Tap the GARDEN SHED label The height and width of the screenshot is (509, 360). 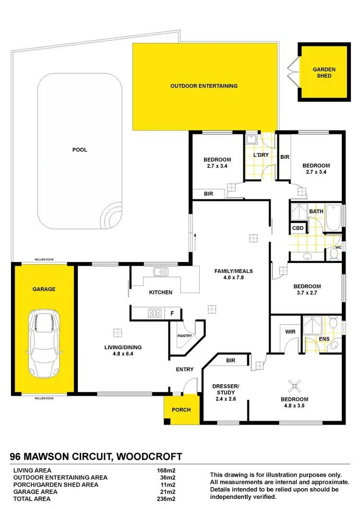(x=324, y=72)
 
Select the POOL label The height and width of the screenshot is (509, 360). (x=80, y=150)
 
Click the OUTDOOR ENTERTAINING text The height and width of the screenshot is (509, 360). (x=204, y=86)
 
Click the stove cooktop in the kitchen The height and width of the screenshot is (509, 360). (x=155, y=313)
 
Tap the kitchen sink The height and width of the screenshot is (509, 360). (x=161, y=272)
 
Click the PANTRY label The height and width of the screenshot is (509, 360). (x=184, y=336)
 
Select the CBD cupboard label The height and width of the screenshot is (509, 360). (x=298, y=228)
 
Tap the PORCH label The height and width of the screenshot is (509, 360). (x=181, y=410)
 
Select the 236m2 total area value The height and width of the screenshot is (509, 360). (x=166, y=499)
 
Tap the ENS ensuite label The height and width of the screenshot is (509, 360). (x=324, y=339)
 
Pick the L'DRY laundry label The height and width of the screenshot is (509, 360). (x=261, y=155)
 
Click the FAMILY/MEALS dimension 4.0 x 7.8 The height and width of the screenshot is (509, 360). (x=233, y=278)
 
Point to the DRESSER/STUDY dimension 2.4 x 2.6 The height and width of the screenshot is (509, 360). (x=226, y=399)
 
